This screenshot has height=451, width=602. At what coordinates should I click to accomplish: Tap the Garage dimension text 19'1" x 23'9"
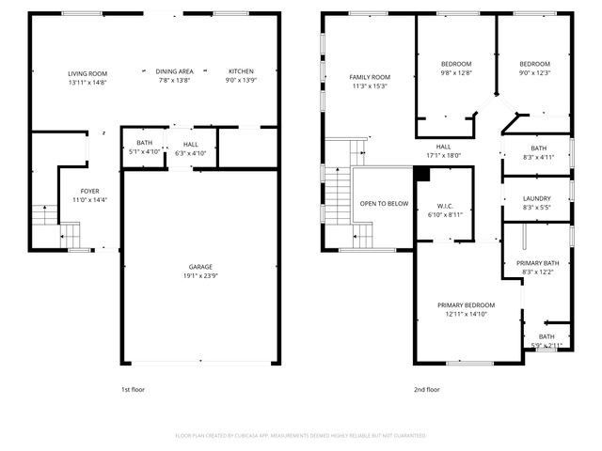click(x=198, y=276)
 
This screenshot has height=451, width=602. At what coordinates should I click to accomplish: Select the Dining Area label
click(x=174, y=71)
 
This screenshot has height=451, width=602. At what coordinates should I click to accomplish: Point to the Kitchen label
click(x=241, y=71)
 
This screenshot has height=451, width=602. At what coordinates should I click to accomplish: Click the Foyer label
click(x=89, y=191)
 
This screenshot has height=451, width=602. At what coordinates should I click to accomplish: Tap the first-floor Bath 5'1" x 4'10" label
click(x=144, y=143)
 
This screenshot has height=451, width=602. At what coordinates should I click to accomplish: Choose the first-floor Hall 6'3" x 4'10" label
click(x=191, y=143)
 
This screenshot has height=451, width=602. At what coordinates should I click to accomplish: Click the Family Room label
click(x=369, y=77)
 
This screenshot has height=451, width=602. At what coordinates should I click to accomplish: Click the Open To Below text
click(x=384, y=203)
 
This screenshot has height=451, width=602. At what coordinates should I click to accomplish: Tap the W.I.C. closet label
click(x=446, y=206)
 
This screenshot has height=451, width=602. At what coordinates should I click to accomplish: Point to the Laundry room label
click(x=538, y=198)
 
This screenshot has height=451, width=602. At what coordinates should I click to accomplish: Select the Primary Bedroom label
click(x=466, y=305)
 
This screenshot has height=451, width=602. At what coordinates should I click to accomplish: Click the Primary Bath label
click(x=538, y=263)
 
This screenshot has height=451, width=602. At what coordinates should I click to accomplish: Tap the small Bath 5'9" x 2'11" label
click(x=547, y=336)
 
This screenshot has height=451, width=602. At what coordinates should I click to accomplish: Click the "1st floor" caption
click(x=133, y=389)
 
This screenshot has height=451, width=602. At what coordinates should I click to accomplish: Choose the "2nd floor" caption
click(x=426, y=389)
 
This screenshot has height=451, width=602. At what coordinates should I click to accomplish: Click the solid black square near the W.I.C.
click(x=421, y=173)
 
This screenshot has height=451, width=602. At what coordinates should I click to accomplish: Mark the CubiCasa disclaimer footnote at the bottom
click(x=301, y=435)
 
